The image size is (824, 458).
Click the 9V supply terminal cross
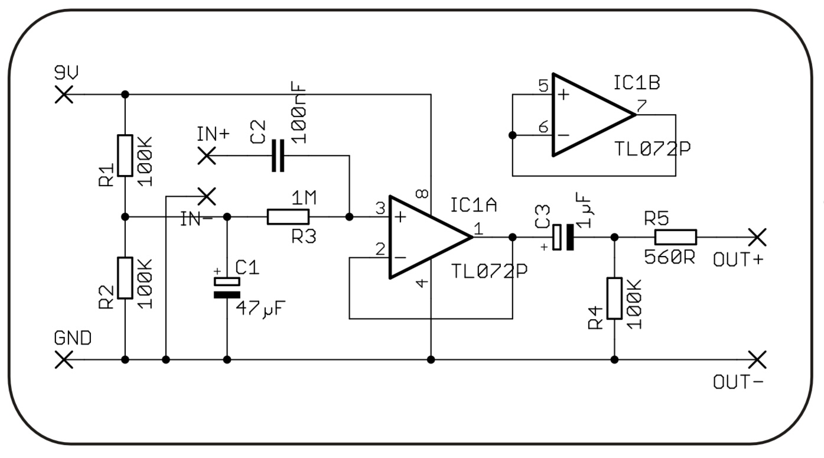click(x=64, y=95)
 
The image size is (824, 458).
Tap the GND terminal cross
click(x=64, y=360)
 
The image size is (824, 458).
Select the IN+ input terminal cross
click(x=207, y=156)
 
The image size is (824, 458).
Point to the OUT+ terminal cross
click(x=757, y=238)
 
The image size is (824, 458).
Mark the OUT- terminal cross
click(x=757, y=360)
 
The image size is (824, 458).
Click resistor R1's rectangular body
click(x=125, y=155)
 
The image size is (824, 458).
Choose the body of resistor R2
click(x=125, y=278)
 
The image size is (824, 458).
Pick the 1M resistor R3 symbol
click(x=288, y=217)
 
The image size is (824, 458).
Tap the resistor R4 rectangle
click(x=614, y=298)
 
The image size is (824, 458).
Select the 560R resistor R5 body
click(x=676, y=238)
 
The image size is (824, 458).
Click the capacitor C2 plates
click(x=278, y=156)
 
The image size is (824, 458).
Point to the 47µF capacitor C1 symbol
click(x=227, y=288)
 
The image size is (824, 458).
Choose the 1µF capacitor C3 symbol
click(x=564, y=238)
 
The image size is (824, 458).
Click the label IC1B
click(x=637, y=83)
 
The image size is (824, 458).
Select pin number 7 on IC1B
click(x=641, y=106)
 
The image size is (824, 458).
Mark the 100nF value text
click(x=298, y=112)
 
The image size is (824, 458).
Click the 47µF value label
click(x=260, y=309)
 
